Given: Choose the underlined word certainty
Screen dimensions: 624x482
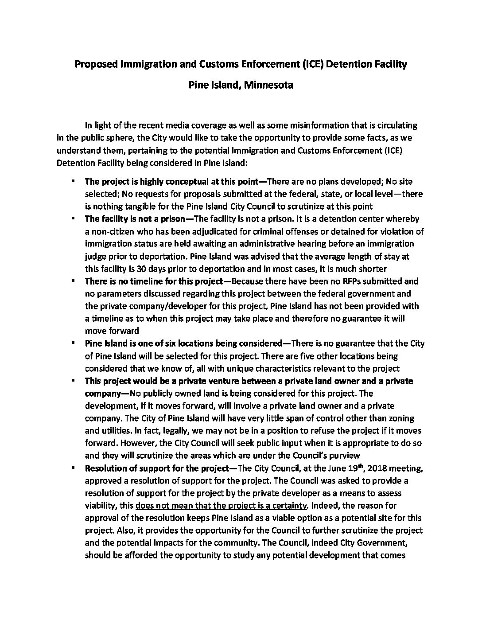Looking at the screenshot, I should pos(292,505).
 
